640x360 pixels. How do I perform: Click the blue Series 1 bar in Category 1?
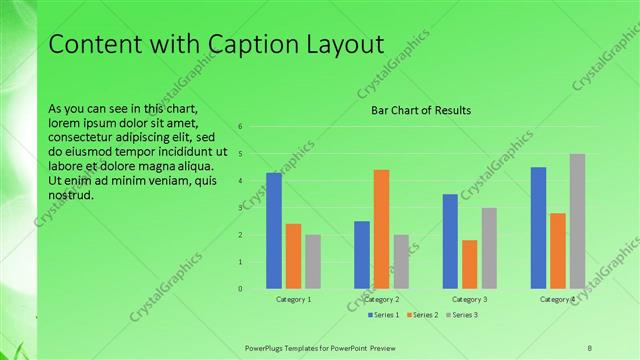click(x=274, y=231)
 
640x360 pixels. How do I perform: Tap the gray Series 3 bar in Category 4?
click(x=577, y=221)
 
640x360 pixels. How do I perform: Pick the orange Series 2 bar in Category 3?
click(x=470, y=264)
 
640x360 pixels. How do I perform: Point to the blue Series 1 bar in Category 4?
click(x=538, y=228)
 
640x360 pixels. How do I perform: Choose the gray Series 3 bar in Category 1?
click(x=313, y=262)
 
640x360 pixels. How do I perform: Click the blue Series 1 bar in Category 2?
click(x=362, y=255)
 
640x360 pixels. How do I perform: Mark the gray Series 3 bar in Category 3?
click(x=489, y=248)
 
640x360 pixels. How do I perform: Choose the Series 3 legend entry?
click(x=461, y=315)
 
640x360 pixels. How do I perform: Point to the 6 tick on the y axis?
click(x=241, y=127)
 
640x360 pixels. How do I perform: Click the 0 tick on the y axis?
click(x=241, y=289)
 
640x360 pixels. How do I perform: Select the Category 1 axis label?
click(x=293, y=299)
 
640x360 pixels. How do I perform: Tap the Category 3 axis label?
click(x=470, y=299)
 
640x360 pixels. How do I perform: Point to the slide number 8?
click(x=590, y=347)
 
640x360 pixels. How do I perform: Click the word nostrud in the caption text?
click(x=71, y=194)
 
